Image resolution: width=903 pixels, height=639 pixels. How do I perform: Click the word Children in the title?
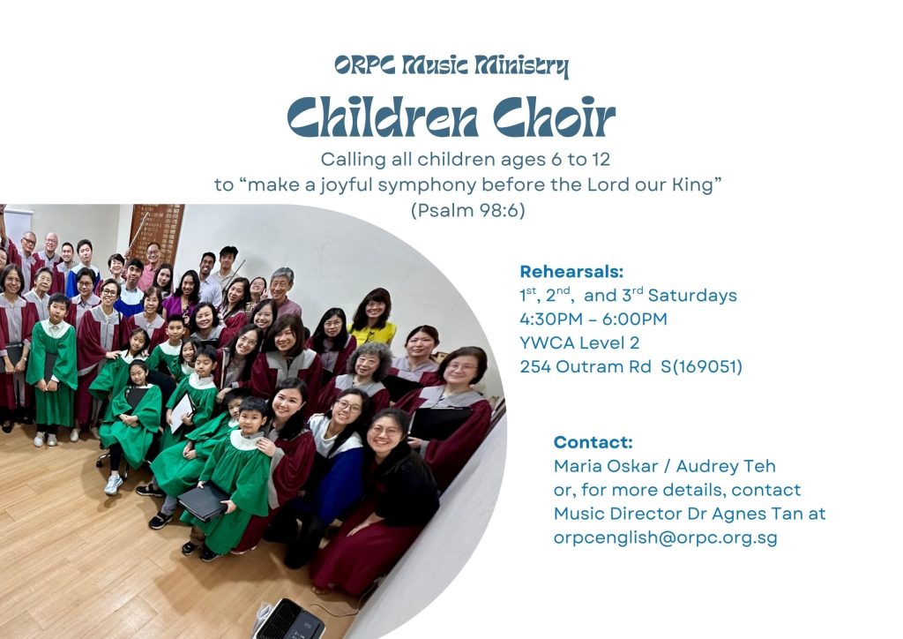pyautogui.click(x=383, y=117)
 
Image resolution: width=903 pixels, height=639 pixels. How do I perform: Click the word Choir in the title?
pyautogui.click(x=554, y=117)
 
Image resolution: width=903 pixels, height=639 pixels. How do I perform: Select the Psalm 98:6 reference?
pyautogui.click(x=467, y=210)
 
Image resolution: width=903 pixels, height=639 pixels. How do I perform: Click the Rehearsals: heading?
pyautogui.click(x=571, y=271)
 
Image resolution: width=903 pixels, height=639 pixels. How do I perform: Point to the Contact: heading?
pyautogui.click(x=593, y=442)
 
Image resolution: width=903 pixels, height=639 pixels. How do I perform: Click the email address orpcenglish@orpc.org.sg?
pyautogui.click(x=665, y=538)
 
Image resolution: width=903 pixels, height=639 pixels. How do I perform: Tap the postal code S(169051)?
pyautogui.click(x=701, y=366)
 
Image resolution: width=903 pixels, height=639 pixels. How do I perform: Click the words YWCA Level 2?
pyautogui.click(x=579, y=342)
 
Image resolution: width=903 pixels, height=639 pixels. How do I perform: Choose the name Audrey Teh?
pyautogui.click(x=726, y=465)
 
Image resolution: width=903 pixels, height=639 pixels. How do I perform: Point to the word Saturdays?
pyautogui.click(x=692, y=296)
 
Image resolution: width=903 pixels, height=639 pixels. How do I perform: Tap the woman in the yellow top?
pyautogui.click(x=373, y=319)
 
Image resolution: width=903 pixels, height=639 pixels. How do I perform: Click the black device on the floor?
pyautogui.click(x=288, y=620)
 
